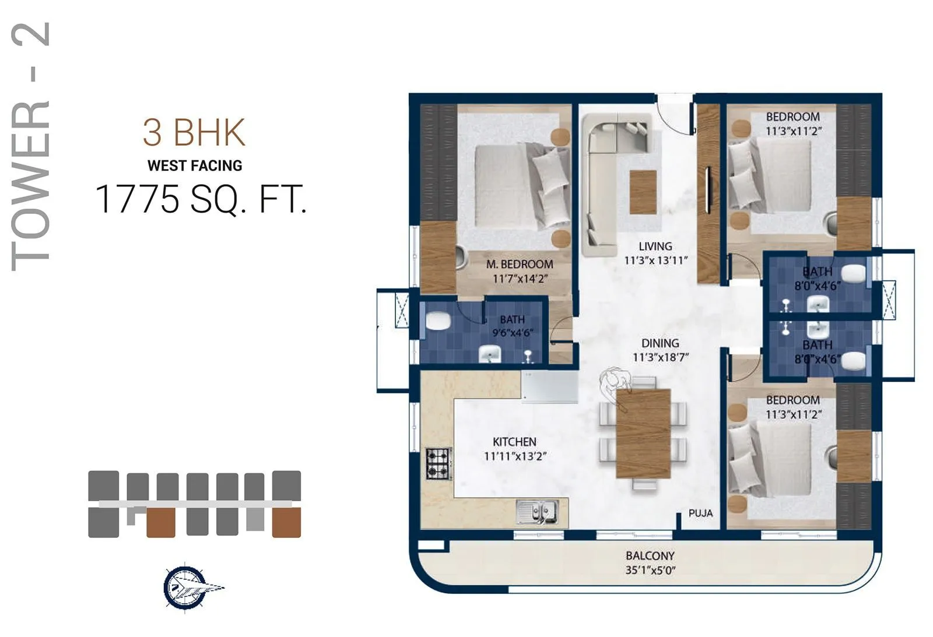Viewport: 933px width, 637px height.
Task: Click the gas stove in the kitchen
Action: tap(439, 463)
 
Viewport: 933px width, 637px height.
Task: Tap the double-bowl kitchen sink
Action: tap(537, 512)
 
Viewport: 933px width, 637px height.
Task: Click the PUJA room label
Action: tap(700, 513)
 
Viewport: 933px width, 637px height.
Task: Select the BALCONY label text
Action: tap(650, 556)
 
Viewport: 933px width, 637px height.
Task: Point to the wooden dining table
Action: tap(643, 432)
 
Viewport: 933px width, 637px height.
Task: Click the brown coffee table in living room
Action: tap(643, 192)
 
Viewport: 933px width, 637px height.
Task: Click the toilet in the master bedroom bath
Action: tap(437, 321)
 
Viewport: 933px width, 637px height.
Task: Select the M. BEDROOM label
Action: tap(520, 265)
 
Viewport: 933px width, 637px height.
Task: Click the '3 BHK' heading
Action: tap(194, 133)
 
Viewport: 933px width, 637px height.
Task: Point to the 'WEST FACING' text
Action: tap(195, 166)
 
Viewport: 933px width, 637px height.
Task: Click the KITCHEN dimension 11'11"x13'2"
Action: tap(515, 456)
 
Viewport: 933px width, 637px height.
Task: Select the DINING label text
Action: tap(660, 343)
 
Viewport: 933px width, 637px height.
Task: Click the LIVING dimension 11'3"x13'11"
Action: tap(656, 261)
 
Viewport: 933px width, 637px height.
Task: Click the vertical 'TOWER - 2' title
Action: tap(30, 146)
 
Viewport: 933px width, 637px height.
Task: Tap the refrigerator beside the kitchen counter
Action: tap(549, 387)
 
